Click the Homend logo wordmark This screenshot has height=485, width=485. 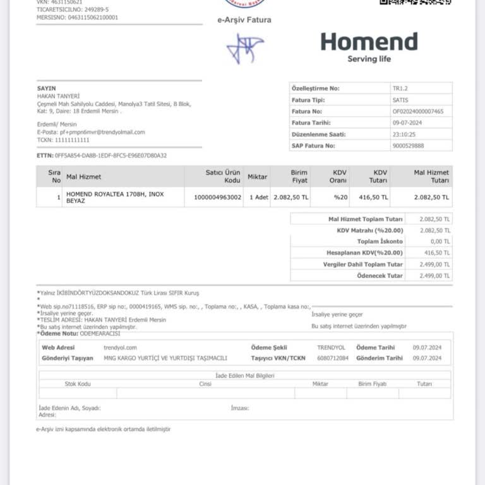click(369, 42)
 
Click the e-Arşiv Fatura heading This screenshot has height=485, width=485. click(244, 20)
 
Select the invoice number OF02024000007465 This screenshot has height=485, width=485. click(417, 111)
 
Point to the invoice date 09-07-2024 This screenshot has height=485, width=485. click(407, 123)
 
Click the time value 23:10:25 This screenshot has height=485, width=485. click(404, 134)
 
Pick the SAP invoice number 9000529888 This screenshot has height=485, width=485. click(408, 146)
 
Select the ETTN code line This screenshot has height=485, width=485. click(102, 155)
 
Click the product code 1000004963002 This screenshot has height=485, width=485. click(217, 197)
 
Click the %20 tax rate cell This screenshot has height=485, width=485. click(341, 197)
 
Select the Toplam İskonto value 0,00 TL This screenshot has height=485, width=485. click(439, 241)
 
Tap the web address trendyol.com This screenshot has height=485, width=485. click(120, 347)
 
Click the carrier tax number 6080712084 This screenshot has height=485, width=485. click(332, 358)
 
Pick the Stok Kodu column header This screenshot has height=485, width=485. click(78, 384)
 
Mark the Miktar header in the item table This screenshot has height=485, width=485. click(257, 177)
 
